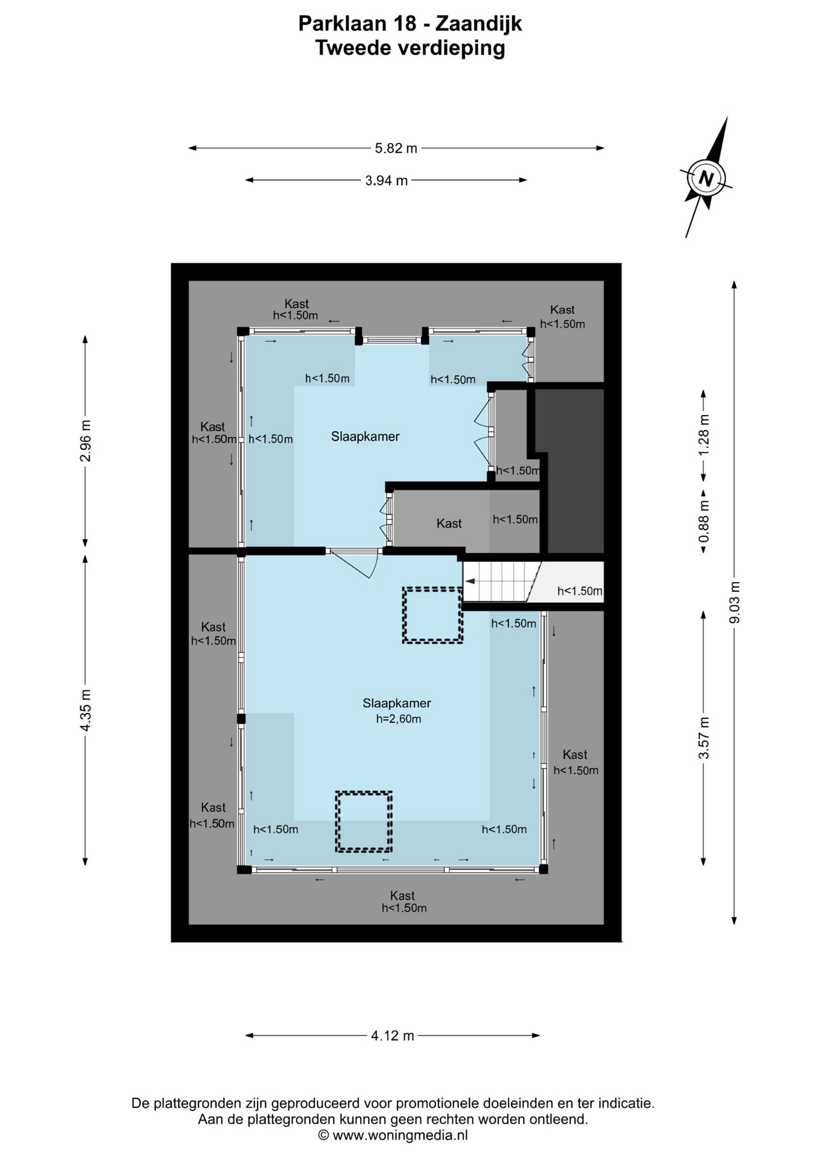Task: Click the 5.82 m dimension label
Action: tap(396, 148)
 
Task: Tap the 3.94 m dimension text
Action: tap(387, 180)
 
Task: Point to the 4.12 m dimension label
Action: tap(393, 1036)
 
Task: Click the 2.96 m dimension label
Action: tap(85, 440)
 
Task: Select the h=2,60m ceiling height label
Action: tap(398, 719)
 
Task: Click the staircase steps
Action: tap(502, 582)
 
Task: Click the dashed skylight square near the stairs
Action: tap(432, 615)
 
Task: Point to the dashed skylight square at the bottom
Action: tap(364, 821)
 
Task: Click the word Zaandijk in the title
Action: tap(478, 25)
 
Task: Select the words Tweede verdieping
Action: tap(410, 48)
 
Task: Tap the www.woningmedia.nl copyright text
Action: tap(399, 1136)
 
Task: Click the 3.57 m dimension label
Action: tap(703, 738)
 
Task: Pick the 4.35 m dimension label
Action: tap(85, 710)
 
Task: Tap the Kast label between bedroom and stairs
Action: tap(449, 524)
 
